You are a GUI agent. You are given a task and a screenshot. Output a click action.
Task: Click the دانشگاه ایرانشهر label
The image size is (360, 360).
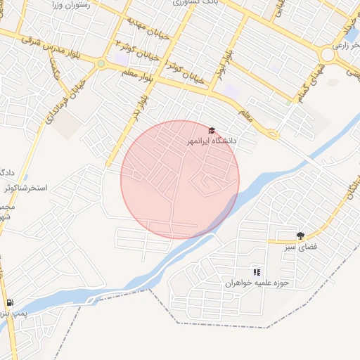(x=211, y=141)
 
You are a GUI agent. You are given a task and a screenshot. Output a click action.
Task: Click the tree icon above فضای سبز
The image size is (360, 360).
(x=301, y=236)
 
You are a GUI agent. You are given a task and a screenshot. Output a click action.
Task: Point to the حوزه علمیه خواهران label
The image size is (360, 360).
(x=257, y=284)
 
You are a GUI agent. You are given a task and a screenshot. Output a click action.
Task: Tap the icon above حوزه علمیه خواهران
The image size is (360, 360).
(x=257, y=272)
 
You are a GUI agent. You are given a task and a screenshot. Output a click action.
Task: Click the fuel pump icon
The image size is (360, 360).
(x=8, y=303)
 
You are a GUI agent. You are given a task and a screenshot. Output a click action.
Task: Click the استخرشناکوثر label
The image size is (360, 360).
(x=25, y=188)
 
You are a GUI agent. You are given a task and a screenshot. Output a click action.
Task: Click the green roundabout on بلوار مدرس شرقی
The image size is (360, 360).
(x=101, y=64)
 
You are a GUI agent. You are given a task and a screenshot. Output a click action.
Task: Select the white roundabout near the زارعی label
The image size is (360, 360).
(x=328, y=55)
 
